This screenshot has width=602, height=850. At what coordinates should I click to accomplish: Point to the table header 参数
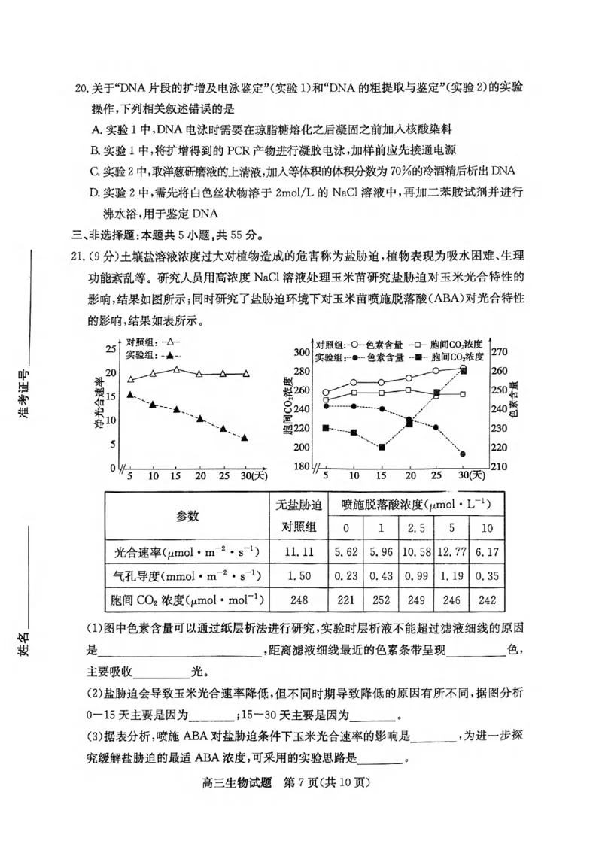pyautogui.click(x=187, y=515)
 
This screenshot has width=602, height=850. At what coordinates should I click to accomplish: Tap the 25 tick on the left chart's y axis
pyautogui.click(x=111, y=348)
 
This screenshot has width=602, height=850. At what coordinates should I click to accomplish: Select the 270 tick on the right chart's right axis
pyautogui.click(x=500, y=352)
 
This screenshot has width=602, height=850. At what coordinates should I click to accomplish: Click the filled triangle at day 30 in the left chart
pyautogui.click(x=245, y=437)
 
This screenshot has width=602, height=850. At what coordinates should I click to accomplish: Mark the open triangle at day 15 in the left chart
pyautogui.click(x=177, y=369)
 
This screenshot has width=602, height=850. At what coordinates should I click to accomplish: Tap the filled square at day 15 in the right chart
pyautogui.click(x=382, y=447)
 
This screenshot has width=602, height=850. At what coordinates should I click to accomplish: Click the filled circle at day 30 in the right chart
pyautogui.click(x=463, y=454)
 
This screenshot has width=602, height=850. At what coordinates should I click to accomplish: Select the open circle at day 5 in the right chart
pyautogui.click(x=326, y=392)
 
